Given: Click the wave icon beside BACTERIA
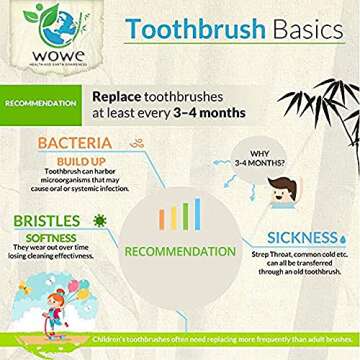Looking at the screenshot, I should coord(136,144).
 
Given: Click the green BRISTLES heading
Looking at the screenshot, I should coord(48,219).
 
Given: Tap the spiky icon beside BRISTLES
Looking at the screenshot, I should coord(99,218).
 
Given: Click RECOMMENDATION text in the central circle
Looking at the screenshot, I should coord(180,249).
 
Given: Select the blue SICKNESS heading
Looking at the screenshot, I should coord(302,238).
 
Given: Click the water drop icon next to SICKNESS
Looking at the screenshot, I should coord(343,238).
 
